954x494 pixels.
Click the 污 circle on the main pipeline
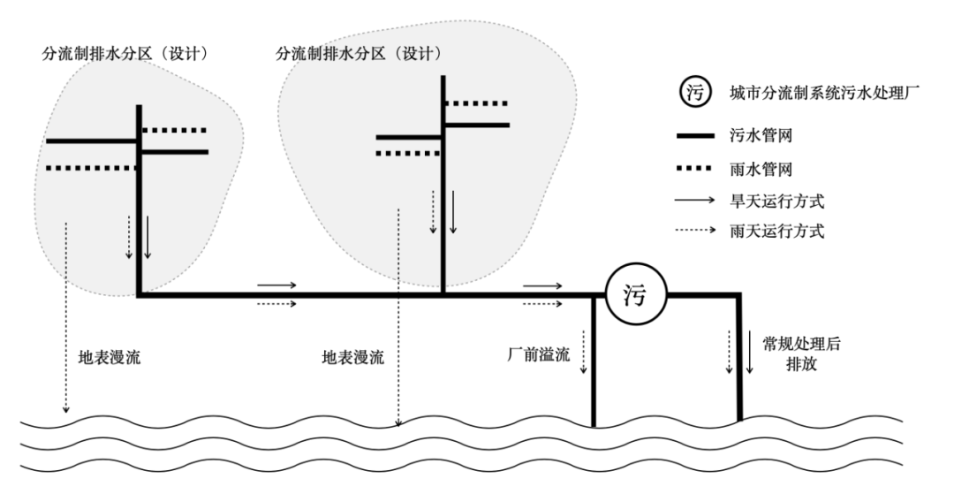coord(634,295)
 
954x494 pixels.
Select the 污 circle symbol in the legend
coord(694,93)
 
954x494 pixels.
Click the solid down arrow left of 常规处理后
coord(749,351)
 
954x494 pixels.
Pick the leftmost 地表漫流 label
coord(109,359)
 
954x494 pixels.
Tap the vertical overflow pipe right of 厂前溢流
coord(594,362)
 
